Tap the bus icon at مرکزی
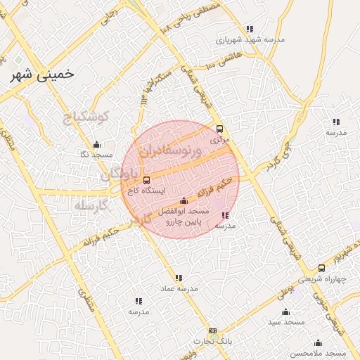tap(220, 129)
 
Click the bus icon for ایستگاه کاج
tap(146, 180)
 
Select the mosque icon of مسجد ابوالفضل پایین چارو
tap(184, 201)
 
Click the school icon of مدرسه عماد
tap(179, 278)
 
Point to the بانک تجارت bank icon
tap(212, 330)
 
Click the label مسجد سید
tap(285, 321)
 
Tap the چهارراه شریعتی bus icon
tap(321, 268)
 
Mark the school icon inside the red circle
tap(224, 216)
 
